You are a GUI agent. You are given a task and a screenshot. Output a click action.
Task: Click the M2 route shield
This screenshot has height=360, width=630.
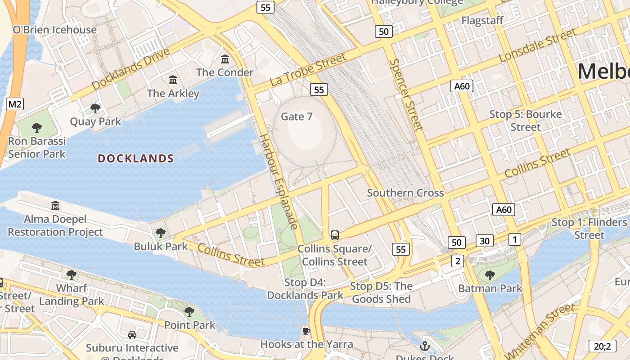15,104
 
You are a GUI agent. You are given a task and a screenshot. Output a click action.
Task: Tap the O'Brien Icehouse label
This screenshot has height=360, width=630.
54,30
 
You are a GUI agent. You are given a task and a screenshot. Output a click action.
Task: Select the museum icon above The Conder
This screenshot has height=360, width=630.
225,59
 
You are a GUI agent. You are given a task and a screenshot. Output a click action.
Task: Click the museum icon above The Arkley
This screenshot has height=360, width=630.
173,80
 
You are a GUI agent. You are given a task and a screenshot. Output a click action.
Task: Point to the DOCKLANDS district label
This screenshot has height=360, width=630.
135,158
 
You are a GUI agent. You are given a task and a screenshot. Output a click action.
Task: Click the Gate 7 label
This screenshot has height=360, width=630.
297,117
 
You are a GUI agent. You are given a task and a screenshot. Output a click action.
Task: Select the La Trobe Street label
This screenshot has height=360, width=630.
308,70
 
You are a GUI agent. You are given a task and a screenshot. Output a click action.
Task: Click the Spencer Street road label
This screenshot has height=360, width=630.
406,94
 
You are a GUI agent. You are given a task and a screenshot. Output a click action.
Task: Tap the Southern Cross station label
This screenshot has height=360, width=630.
405,193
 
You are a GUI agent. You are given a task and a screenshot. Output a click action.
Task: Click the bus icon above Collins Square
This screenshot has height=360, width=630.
335,235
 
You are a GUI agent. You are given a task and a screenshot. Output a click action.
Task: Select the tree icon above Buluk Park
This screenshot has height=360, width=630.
160,233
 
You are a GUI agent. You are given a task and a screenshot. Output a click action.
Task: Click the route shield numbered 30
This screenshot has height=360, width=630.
484,241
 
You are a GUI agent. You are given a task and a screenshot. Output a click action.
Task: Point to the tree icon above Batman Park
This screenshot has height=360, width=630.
490,275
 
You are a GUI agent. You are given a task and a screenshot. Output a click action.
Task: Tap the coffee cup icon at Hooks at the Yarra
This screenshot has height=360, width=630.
306,332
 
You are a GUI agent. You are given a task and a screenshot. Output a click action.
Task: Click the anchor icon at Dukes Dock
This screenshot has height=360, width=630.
424,346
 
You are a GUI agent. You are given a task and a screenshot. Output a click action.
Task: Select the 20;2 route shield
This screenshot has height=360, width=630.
602,346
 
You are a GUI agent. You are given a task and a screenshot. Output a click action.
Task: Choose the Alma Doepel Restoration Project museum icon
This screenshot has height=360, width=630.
55,206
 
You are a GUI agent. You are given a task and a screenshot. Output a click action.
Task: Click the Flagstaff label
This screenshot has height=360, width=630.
481,21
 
